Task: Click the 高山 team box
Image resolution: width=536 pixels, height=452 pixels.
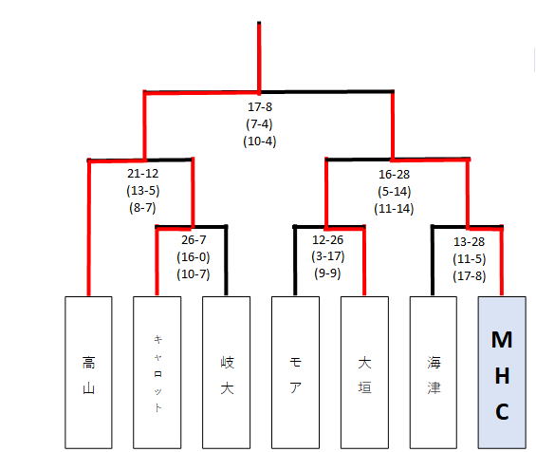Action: [x=88, y=372]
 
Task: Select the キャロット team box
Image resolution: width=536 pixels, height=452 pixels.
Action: [x=157, y=372]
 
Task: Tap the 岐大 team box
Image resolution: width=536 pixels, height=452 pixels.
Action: [x=227, y=372]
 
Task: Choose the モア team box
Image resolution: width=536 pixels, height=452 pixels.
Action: [x=295, y=372]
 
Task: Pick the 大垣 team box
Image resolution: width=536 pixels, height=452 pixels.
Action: [x=364, y=372]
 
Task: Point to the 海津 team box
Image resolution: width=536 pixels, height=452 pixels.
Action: [x=434, y=372]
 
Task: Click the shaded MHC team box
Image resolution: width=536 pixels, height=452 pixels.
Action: [x=502, y=372]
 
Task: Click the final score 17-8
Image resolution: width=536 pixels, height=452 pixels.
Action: [x=260, y=106]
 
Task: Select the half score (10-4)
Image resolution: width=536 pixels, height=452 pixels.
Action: [x=260, y=141]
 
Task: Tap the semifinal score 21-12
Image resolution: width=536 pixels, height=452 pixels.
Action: [x=143, y=174]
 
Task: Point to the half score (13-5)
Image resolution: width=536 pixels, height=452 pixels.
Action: [x=143, y=191]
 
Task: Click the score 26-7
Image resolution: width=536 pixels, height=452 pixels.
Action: [x=194, y=240]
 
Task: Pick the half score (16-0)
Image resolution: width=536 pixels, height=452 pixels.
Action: [x=194, y=257]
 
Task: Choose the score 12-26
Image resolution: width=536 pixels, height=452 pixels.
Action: [x=328, y=240]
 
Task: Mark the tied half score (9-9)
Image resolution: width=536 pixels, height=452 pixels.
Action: [x=328, y=273]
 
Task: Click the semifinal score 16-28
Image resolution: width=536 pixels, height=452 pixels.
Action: [x=394, y=174]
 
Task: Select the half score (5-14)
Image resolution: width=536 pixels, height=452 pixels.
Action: [x=394, y=191]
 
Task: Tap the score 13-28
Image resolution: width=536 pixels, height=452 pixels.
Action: [x=469, y=242]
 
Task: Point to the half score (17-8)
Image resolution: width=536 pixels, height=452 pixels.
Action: [x=469, y=275]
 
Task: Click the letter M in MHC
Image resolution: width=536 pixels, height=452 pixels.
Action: [x=502, y=340]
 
